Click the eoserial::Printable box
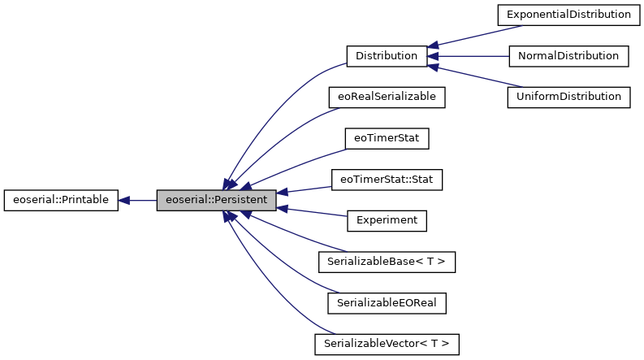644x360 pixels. [x=62, y=199]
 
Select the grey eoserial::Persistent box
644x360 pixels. [x=217, y=199]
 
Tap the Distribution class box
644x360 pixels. [x=387, y=56]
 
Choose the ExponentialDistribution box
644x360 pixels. [x=568, y=15]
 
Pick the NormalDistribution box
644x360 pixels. [x=568, y=56]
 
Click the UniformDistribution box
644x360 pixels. [x=568, y=97]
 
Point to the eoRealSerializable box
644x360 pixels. [x=387, y=97]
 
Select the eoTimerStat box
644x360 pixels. [x=387, y=138]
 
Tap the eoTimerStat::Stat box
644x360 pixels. [x=387, y=179]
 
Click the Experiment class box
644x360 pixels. [x=387, y=219]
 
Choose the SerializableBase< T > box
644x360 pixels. [x=387, y=261]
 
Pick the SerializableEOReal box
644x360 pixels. [x=387, y=302]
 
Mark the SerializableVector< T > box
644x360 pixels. [x=387, y=343]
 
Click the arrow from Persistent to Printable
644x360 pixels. [x=138, y=199]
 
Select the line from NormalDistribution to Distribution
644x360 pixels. [x=471, y=56]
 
